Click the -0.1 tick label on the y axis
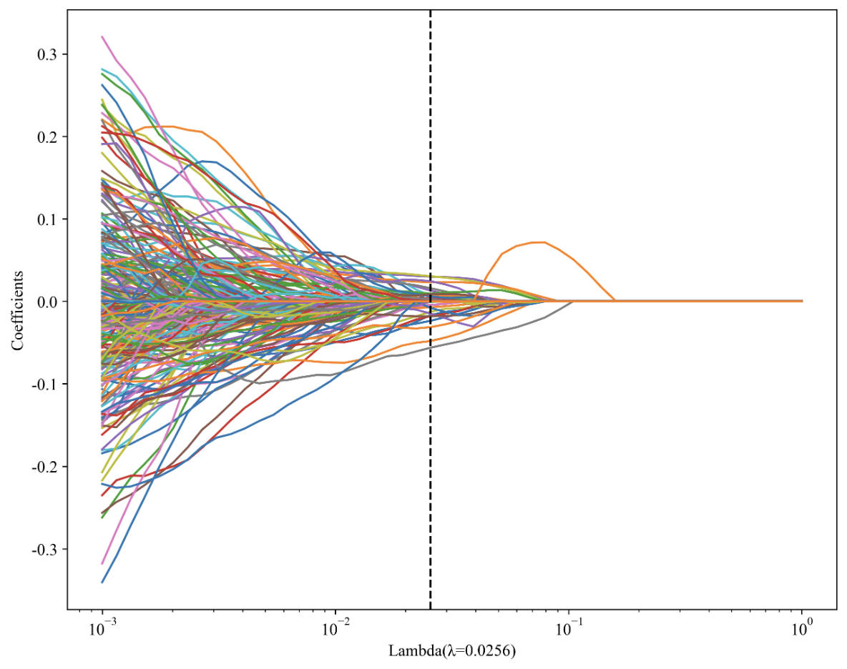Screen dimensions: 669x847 [x=45, y=384]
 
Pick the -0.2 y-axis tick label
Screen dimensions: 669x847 [x=45, y=467]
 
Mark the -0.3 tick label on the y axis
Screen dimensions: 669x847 [x=45, y=549]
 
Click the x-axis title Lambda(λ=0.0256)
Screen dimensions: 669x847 [x=452, y=651]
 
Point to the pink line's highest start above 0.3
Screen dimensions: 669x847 [x=103, y=36]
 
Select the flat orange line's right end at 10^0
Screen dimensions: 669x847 [x=801, y=301]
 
